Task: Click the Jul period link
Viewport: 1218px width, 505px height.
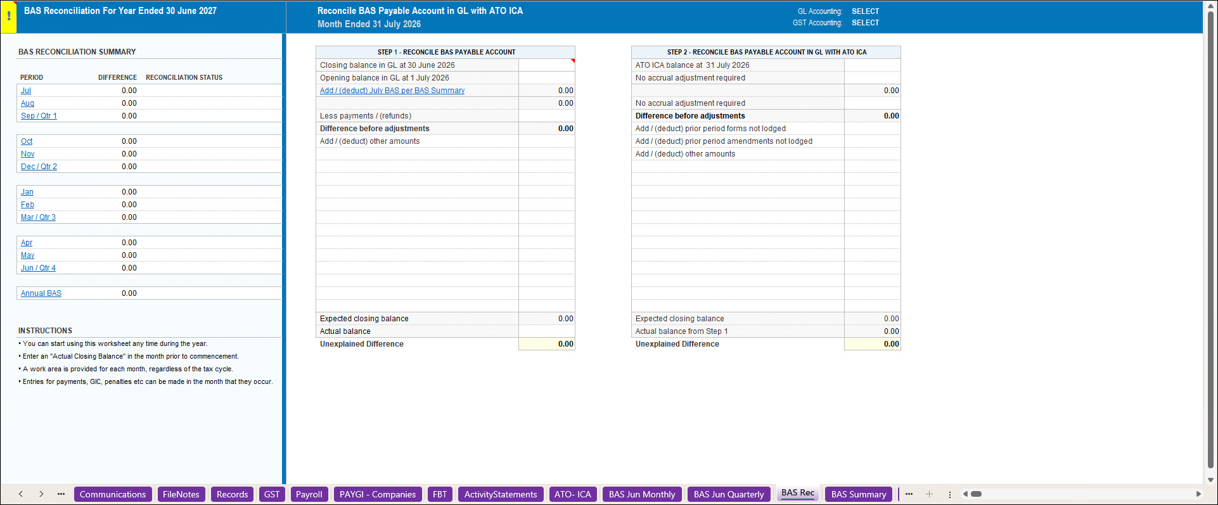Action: click(x=26, y=91)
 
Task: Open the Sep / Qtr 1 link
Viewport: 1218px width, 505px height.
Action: click(x=39, y=116)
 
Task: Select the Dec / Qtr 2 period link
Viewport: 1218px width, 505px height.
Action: click(x=39, y=167)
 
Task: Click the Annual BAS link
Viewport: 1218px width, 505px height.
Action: click(x=41, y=293)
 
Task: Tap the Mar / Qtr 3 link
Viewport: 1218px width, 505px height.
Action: click(x=38, y=217)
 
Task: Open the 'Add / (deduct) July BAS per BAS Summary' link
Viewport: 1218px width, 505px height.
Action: click(x=392, y=91)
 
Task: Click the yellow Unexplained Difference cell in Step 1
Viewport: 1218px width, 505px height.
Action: click(x=547, y=344)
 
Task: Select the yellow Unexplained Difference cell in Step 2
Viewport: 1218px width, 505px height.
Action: click(x=873, y=344)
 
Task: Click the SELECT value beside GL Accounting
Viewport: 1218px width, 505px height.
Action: click(x=866, y=11)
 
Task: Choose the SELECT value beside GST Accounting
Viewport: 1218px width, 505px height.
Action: click(x=866, y=23)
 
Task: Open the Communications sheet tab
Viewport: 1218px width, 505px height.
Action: click(x=113, y=494)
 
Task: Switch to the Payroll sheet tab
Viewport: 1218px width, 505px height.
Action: click(x=309, y=494)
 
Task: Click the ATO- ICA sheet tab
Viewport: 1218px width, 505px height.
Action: click(x=573, y=494)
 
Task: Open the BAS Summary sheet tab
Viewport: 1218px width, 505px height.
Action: click(x=859, y=494)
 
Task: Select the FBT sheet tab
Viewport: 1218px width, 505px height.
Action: click(x=440, y=494)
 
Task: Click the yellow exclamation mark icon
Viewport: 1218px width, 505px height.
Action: click(x=9, y=16)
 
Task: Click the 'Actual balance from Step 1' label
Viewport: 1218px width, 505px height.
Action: click(x=682, y=331)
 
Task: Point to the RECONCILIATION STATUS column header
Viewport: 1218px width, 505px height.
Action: click(x=184, y=77)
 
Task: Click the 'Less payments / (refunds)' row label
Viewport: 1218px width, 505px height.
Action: click(x=366, y=116)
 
